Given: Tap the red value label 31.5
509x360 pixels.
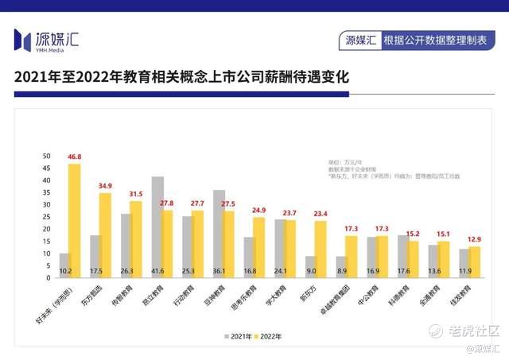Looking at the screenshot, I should (135, 194).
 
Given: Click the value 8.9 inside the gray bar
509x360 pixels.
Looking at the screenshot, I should (341, 271).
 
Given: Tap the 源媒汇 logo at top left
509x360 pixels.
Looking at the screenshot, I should (46, 39).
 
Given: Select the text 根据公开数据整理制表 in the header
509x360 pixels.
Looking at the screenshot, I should (434, 39).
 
